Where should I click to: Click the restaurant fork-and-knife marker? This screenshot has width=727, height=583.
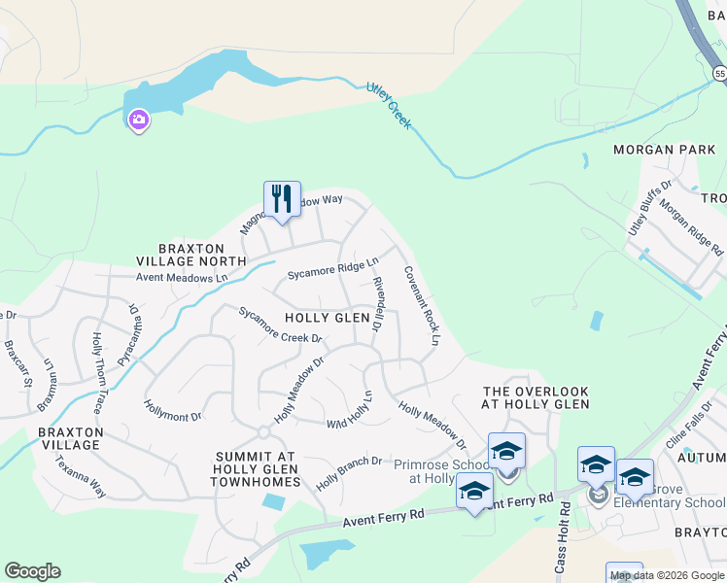click(x=283, y=200)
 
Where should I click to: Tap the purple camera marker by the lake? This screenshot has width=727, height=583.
click(x=139, y=120)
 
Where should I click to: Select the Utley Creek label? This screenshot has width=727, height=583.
click(x=389, y=105)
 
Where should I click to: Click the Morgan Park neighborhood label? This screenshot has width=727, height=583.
click(x=665, y=150)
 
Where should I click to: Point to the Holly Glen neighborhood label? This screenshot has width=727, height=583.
click(x=328, y=318)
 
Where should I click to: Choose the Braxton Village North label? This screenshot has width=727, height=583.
click(x=190, y=254)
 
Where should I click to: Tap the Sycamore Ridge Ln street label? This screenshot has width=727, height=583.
click(x=332, y=270)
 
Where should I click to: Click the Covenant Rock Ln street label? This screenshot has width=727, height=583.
click(x=422, y=306)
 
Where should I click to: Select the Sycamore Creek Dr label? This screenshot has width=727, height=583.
click(x=281, y=326)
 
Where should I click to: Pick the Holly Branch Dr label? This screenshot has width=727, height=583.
click(x=348, y=468)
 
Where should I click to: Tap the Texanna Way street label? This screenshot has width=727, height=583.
click(x=80, y=476)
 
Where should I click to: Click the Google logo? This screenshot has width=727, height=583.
click(x=32, y=571)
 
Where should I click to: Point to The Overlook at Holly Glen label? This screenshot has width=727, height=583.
click(x=537, y=397)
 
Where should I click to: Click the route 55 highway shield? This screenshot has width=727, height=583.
click(x=719, y=73)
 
